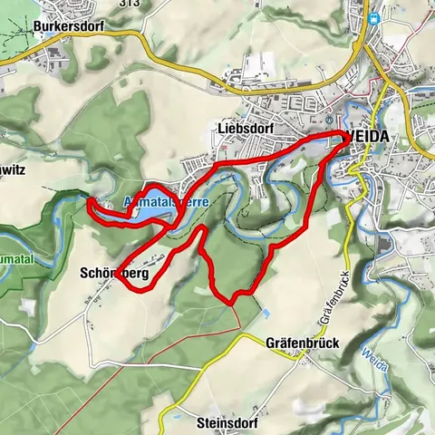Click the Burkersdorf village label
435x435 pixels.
68,26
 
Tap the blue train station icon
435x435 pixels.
373,18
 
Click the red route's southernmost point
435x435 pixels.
231,300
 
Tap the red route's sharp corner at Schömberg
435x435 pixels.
119,278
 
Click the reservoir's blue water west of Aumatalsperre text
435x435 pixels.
113,213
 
